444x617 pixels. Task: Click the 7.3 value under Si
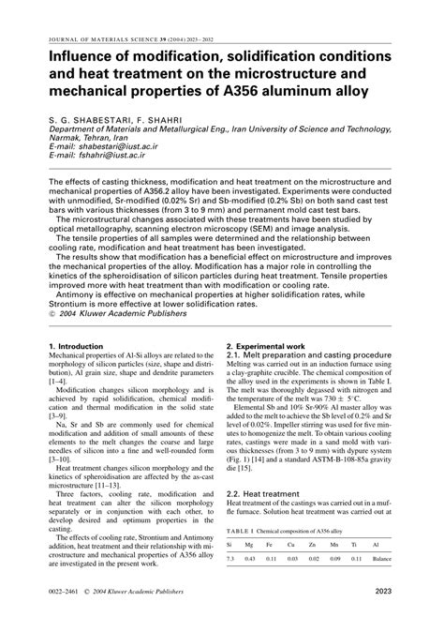[x=231, y=560]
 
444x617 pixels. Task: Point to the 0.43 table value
[x=251, y=560]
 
